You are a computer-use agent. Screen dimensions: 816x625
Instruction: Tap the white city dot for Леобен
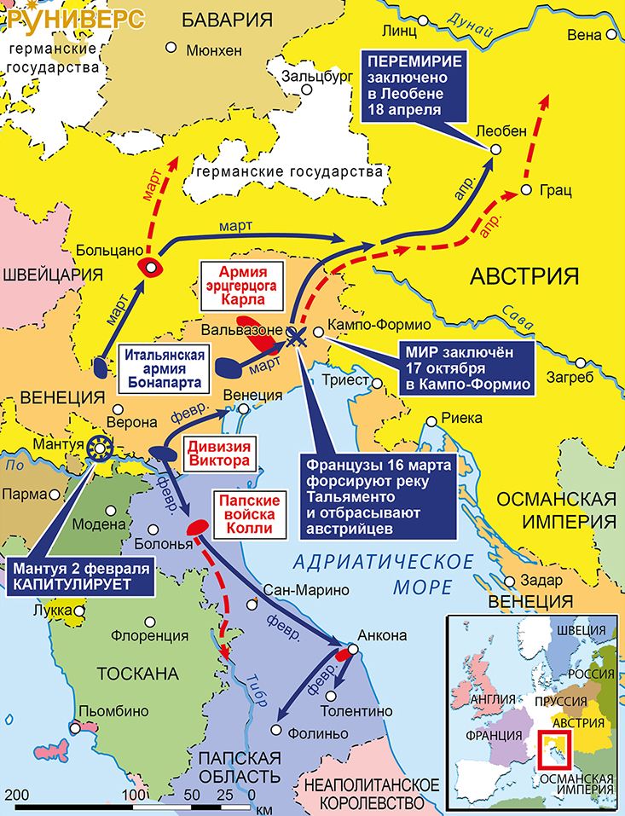[x=495, y=150]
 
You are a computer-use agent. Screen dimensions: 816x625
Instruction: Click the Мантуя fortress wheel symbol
[x=100, y=446]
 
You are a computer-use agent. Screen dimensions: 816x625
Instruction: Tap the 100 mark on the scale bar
[x=135, y=794]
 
